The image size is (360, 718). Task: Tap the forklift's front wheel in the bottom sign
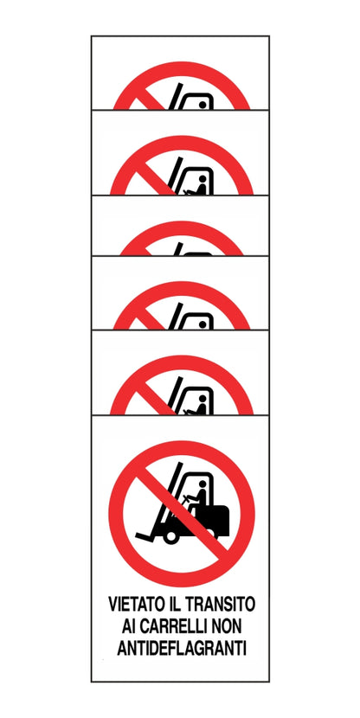(170, 536)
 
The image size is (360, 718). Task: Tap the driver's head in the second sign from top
(201, 182)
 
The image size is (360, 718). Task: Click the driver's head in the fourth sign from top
(204, 323)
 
